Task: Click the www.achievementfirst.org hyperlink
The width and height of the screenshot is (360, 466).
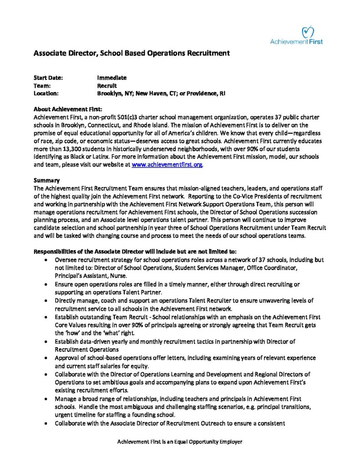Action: click(167, 165)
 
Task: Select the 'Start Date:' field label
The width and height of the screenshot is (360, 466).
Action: click(48, 78)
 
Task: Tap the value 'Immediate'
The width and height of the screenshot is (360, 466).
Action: click(112, 78)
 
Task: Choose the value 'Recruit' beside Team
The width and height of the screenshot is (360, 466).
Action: click(107, 86)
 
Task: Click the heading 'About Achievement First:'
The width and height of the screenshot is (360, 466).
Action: click(68, 109)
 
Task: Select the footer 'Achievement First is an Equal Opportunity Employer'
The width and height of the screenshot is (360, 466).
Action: click(180, 442)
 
